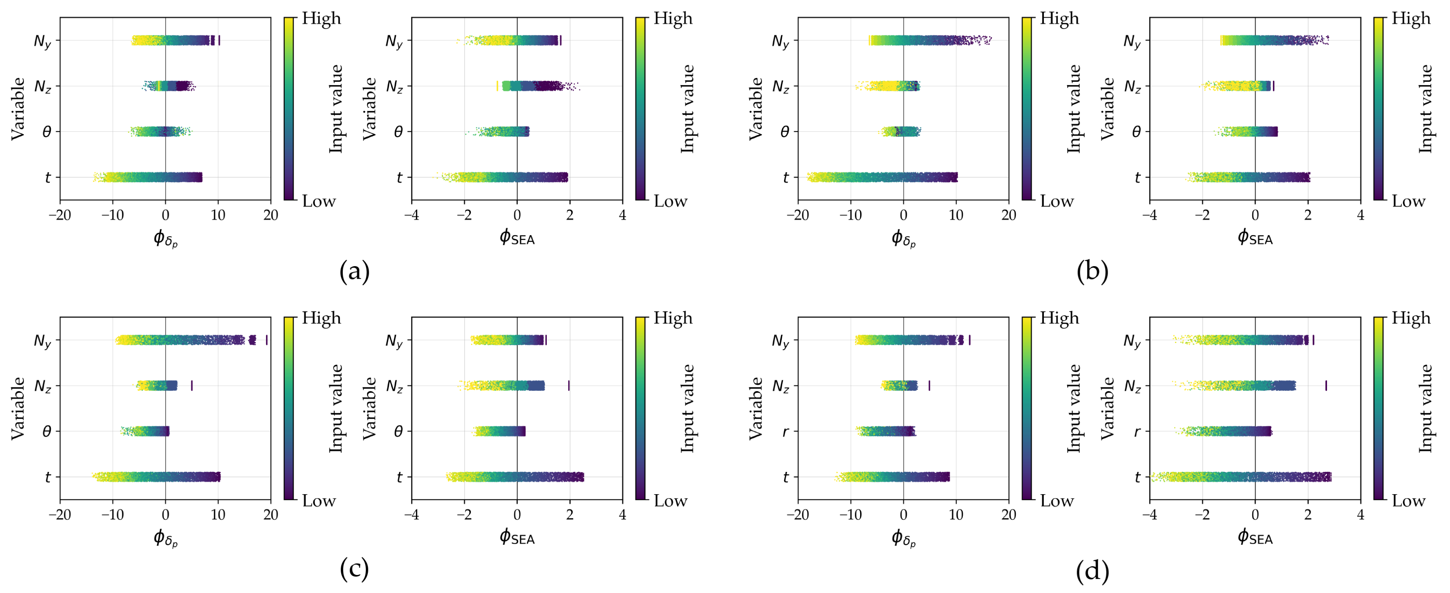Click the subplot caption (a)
click(354, 272)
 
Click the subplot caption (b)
click(1092, 272)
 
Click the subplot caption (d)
click(1092, 571)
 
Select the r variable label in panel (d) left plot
click(785, 432)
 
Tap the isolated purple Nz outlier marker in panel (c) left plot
click(192, 386)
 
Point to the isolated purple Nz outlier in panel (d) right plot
click(1325, 386)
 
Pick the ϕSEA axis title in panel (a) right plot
click(517, 238)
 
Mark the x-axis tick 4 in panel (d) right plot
click(1360, 515)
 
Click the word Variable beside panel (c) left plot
click(18, 408)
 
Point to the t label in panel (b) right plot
click(1137, 178)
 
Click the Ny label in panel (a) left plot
click(42, 41)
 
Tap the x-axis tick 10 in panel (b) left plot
click(956, 216)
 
